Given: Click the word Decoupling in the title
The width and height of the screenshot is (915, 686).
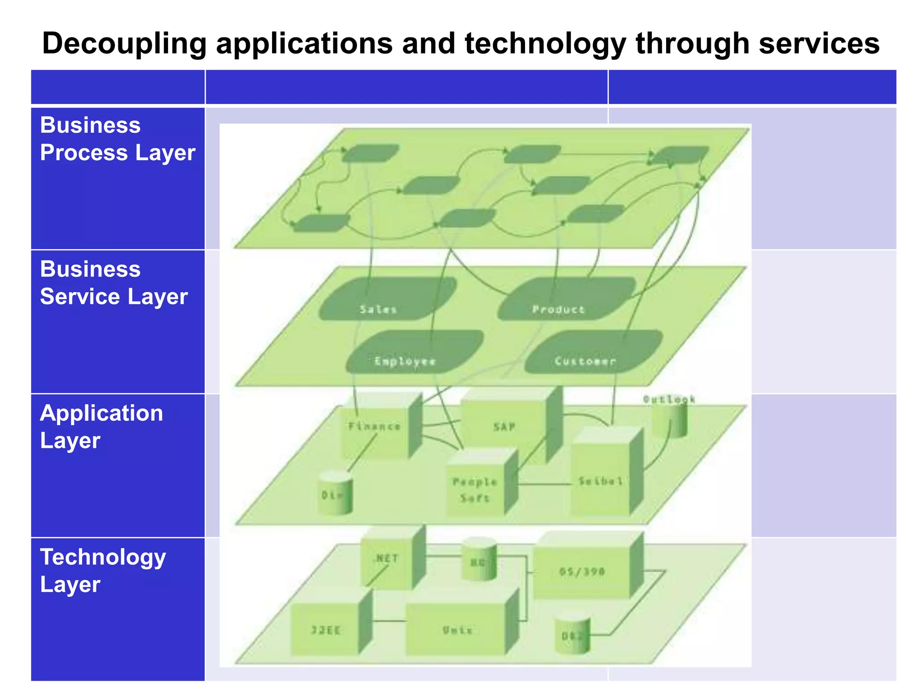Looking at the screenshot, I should click(x=124, y=44).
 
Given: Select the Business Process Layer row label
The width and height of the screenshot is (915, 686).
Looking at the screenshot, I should click(x=118, y=139).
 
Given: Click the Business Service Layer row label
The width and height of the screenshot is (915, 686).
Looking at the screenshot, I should click(x=113, y=283).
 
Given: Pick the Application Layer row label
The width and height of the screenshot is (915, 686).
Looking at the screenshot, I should click(x=101, y=427).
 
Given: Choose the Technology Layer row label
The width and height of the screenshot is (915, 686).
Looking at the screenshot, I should click(x=103, y=570).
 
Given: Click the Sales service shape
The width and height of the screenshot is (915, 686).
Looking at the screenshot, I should click(x=386, y=299).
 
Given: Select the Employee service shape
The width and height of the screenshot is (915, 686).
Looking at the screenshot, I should click(x=413, y=353).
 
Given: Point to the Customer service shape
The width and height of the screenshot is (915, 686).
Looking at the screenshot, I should click(x=592, y=353).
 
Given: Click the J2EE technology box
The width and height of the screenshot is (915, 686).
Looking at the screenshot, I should click(x=325, y=630).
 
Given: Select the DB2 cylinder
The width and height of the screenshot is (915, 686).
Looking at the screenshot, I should click(x=572, y=634).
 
